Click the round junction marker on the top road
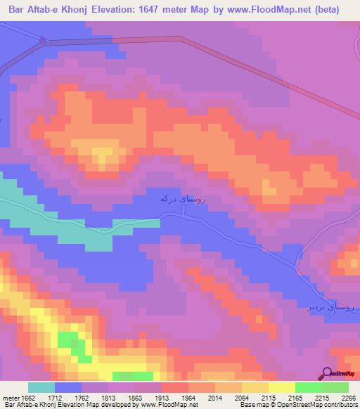pyautogui.click(x=43, y=41)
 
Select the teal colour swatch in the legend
pyautogui.click(x=41, y=387)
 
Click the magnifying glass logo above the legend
pyautogui.click(x=328, y=373)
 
